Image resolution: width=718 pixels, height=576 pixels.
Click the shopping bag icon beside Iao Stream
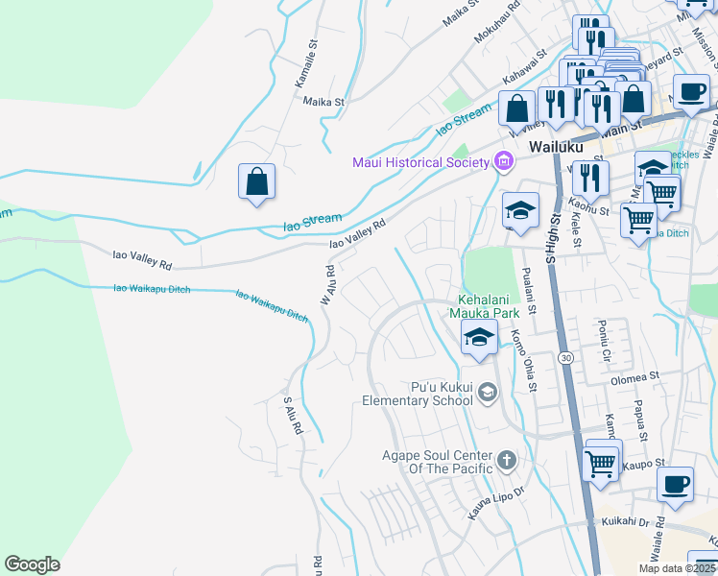click(x=256, y=181)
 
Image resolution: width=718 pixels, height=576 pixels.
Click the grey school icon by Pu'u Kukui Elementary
click(x=489, y=392)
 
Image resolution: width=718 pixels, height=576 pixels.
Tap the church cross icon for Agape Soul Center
click(x=507, y=462)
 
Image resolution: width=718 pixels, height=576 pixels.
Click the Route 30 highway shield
click(x=565, y=357)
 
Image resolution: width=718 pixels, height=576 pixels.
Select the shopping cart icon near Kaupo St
click(x=602, y=462)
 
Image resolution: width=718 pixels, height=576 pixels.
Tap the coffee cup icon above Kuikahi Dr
click(x=675, y=484)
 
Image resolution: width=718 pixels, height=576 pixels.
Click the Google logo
click(x=32, y=564)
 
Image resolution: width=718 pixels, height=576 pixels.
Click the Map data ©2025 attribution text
click(x=677, y=568)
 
